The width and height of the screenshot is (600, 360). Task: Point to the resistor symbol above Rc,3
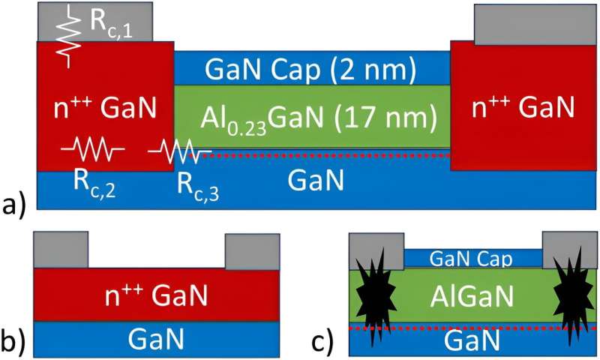[x=175, y=153]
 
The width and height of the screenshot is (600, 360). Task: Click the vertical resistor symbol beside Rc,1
[x=72, y=34]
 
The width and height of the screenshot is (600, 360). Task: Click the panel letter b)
[x=13, y=341]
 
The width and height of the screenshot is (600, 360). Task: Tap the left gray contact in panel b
[x=61, y=250]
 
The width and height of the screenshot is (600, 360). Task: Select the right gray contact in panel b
[x=252, y=250]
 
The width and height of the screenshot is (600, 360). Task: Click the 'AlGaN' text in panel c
[x=472, y=295]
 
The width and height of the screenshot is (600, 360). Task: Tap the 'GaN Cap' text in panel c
[x=472, y=259]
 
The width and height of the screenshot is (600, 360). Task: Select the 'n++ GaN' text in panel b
[x=157, y=294]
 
